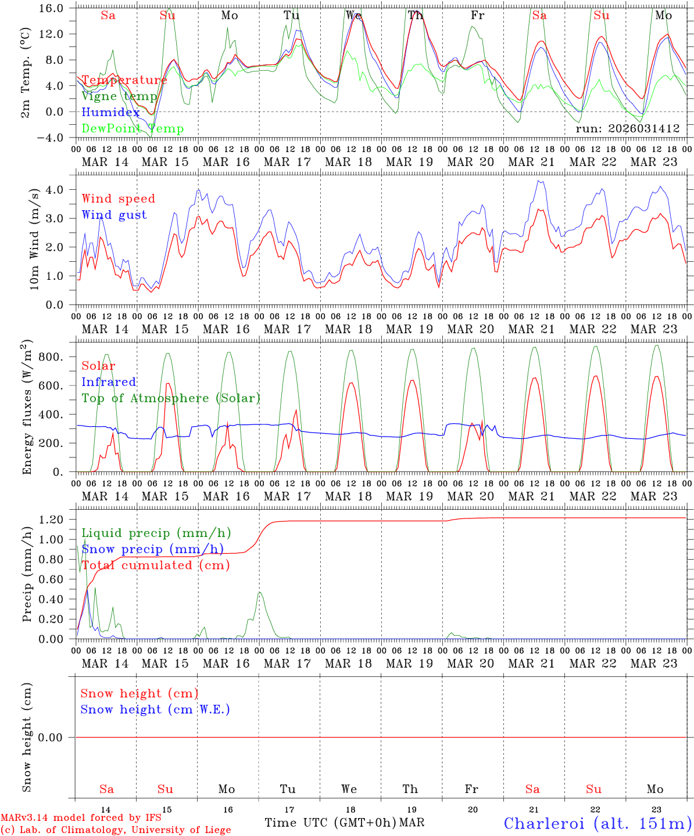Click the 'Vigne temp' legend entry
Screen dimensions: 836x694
[119, 96]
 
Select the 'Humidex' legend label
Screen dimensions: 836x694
[110, 113]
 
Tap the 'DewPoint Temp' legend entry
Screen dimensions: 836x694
[133, 129]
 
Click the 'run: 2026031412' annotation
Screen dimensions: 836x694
[627, 129]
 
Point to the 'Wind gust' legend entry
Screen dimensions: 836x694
[114, 215]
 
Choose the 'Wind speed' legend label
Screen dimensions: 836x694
[118, 199]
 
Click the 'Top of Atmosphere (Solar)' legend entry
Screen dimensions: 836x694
[170, 398]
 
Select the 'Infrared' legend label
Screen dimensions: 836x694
[109, 382]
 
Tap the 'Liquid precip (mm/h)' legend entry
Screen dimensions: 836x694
[156, 533]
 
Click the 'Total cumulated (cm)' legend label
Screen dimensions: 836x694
[155, 565]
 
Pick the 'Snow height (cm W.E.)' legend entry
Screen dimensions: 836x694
[155, 709]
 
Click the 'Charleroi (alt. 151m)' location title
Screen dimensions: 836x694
[598, 823]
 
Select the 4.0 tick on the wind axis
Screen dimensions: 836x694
[58, 189]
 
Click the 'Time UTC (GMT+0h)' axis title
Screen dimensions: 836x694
[330, 823]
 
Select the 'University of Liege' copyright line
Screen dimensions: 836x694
[116, 830]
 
